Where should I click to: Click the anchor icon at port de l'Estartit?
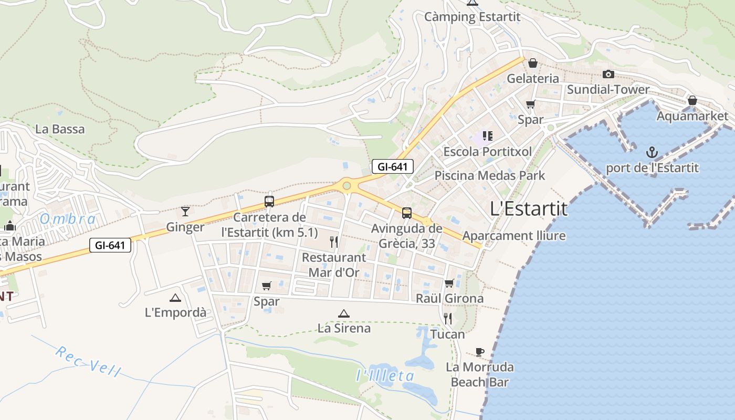pos(652,153)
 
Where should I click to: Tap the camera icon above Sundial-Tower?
pos(608,75)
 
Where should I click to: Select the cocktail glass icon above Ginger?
pos(185,212)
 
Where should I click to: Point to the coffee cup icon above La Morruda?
pos(479,352)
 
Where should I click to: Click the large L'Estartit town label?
pos(528,209)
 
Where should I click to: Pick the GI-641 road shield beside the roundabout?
pos(393,167)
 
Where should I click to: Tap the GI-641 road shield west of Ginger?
pos(110,245)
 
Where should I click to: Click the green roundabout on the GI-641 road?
pos(346,185)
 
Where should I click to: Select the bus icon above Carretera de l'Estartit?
pos(269,202)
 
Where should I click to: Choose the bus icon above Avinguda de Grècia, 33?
pos(407,213)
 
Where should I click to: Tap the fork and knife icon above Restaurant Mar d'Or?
pos(334,242)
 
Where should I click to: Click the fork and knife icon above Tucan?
pos(448,318)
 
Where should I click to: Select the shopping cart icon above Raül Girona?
pos(449,283)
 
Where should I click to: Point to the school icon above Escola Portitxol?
pos(488,136)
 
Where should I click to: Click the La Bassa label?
pos(60,129)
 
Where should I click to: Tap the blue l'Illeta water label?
pos(385,376)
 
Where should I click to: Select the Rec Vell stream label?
pos(88,362)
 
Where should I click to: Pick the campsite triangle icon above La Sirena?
pos(344,313)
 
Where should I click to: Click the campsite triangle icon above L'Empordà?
pos(175,298)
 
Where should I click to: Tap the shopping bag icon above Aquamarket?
pos(692,100)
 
